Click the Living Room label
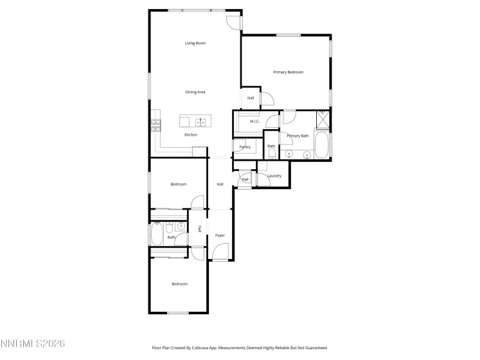pos(195,43)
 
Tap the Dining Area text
pos(195,92)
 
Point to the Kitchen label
pos(191,134)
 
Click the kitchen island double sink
pos(201,120)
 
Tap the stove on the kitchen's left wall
pos(156,125)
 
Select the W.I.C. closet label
pos(254,121)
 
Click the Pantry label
pos(245,147)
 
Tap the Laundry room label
pos(274,175)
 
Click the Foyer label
pos(220,235)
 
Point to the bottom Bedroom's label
pos(179,283)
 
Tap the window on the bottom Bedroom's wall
pos(177,313)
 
